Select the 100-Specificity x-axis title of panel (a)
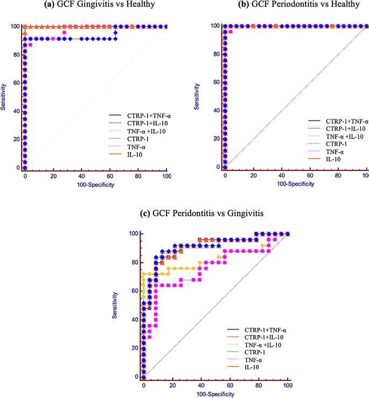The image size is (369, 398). coord(95,184)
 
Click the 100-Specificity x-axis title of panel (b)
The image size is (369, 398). coord(296,184)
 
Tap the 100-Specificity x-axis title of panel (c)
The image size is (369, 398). coord(215,394)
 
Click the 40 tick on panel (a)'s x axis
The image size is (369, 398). coord(82,176)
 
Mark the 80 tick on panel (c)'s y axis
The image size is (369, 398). coord(133,262)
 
